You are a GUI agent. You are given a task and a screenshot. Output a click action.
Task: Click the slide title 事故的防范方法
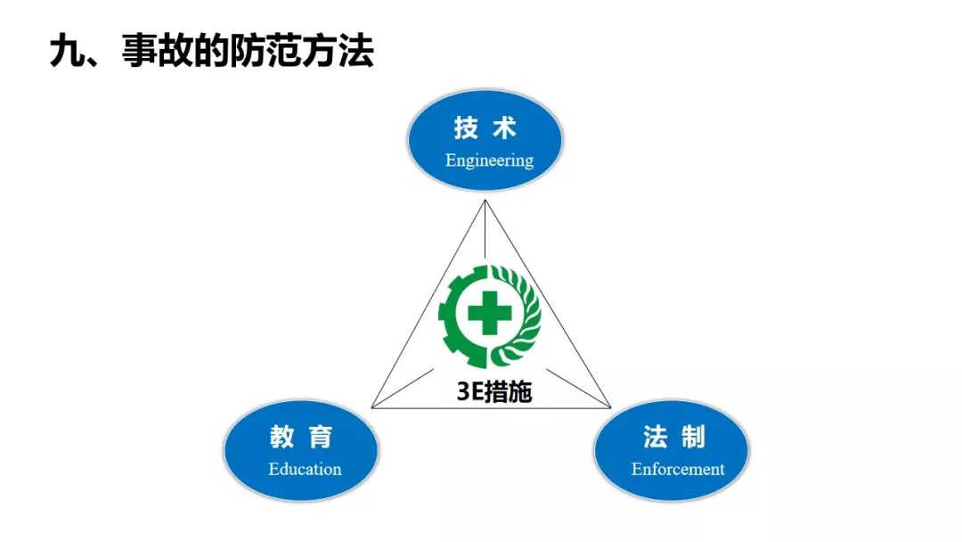click(248, 53)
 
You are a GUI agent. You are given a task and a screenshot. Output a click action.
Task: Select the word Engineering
click(489, 160)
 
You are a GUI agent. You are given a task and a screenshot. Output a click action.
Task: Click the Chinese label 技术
click(485, 128)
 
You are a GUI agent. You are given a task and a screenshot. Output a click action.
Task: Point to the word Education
click(305, 469)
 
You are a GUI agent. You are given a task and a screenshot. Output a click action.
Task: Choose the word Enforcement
click(678, 469)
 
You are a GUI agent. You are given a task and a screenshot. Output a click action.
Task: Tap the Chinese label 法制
click(674, 437)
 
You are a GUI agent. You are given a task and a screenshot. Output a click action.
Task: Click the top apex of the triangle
click(486, 201)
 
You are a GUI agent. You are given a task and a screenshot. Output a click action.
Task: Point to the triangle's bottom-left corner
click(372, 407)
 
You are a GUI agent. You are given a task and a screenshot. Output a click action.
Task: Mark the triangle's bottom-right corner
click(610, 407)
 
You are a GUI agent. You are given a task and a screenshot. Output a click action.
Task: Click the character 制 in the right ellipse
click(693, 437)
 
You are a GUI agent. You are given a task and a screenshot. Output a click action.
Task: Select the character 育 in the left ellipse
click(321, 437)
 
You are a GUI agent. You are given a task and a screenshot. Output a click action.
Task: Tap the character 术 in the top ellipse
click(504, 128)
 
